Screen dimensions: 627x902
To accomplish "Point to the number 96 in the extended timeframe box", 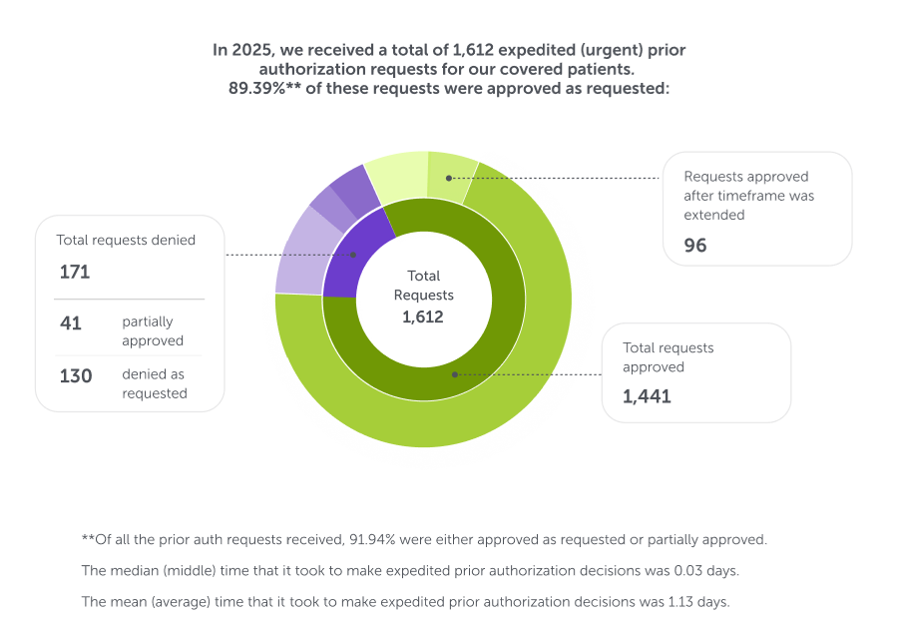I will click(695, 245).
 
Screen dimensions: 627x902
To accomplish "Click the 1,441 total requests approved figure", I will click(647, 396).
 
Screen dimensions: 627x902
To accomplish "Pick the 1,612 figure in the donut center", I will click(423, 316).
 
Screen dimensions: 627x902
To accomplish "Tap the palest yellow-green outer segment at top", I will click(396, 176).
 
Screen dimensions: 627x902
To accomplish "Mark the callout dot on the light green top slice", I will click(449, 178).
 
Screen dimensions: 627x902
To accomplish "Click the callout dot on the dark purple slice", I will click(352, 255).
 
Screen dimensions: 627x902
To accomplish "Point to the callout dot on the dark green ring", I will click(454, 375).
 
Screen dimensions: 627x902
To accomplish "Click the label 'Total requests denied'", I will click(126, 240).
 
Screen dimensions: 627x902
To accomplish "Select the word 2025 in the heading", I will click(249, 49).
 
